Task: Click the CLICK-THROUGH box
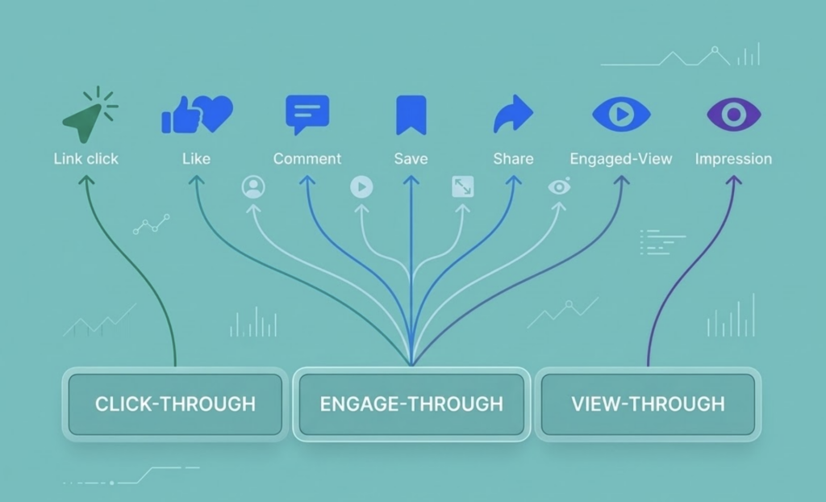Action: (x=175, y=404)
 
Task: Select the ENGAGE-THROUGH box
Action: (x=411, y=404)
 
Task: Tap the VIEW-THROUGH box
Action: (x=648, y=404)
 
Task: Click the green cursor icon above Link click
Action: (x=85, y=119)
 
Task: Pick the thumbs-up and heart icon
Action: (x=197, y=115)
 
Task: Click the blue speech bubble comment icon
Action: (x=307, y=114)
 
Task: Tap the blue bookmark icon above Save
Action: (x=411, y=115)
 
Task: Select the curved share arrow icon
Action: (x=513, y=115)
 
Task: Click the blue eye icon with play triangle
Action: (x=620, y=115)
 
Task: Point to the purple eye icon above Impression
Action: (x=733, y=115)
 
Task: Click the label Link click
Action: (x=86, y=159)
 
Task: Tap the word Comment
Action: (x=307, y=159)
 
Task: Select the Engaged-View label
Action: (x=620, y=159)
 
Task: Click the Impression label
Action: (x=733, y=159)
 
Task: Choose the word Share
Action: (x=513, y=159)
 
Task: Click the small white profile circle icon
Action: (x=253, y=187)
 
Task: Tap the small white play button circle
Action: (x=361, y=187)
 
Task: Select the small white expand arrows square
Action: (x=462, y=187)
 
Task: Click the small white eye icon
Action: (x=559, y=187)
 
